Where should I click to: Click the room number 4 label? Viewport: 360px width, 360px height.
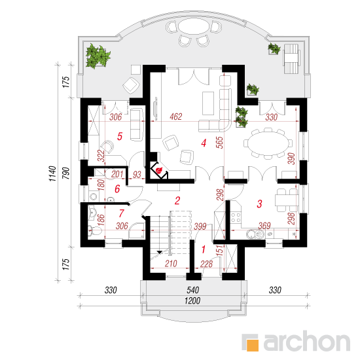[x=204, y=143]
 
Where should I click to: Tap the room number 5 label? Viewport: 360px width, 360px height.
[x=120, y=136]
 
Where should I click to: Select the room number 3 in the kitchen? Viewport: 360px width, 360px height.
[x=259, y=204]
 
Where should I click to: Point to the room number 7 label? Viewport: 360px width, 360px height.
[x=122, y=213]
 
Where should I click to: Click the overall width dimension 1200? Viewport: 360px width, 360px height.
[x=192, y=300]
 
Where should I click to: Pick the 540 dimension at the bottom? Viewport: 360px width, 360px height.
[x=192, y=290]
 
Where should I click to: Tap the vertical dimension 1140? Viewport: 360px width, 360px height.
[x=52, y=173]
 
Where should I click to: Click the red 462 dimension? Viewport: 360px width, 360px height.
[x=176, y=117]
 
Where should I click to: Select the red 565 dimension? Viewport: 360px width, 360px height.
[x=220, y=143]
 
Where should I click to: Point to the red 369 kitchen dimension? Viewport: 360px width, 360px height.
[x=264, y=226]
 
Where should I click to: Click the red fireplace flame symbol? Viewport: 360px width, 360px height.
[x=158, y=170]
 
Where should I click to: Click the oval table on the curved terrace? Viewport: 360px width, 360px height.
[x=194, y=26]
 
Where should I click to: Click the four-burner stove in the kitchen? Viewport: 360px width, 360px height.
[x=236, y=218]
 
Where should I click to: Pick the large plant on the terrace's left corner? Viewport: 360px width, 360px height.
[x=98, y=56]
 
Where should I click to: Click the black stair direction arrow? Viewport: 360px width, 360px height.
[x=160, y=252]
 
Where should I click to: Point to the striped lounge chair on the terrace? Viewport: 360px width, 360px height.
[x=291, y=58]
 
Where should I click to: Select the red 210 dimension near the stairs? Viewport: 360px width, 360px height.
[x=171, y=264]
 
